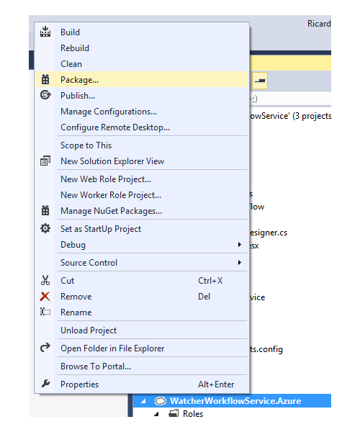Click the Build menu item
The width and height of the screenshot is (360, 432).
point(71,32)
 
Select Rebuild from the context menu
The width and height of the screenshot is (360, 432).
point(75,48)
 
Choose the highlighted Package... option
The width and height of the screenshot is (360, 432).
point(80,80)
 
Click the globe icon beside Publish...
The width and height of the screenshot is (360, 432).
point(45,95)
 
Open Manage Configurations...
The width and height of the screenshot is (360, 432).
point(109,112)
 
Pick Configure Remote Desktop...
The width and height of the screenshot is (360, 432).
point(115,127)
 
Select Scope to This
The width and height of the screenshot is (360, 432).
point(86,145)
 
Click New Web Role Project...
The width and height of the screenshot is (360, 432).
point(106,179)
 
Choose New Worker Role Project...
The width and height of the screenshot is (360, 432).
point(111,195)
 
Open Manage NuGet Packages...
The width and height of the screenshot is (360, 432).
point(112,211)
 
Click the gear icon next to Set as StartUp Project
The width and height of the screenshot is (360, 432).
point(45,228)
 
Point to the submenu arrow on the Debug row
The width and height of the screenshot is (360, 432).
point(240,245)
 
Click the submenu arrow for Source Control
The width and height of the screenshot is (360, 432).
point(240,263)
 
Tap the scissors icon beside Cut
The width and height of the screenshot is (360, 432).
point(45,280)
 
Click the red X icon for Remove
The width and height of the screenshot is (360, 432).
point(45,297)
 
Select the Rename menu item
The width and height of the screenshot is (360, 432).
point(76,312)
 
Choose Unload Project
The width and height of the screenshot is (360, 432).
point(89,330)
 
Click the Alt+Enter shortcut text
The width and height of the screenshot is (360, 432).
point(216,384)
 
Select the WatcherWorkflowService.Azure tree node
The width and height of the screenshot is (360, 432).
point(235,401)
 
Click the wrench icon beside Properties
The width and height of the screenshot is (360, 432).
point(46,383)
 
